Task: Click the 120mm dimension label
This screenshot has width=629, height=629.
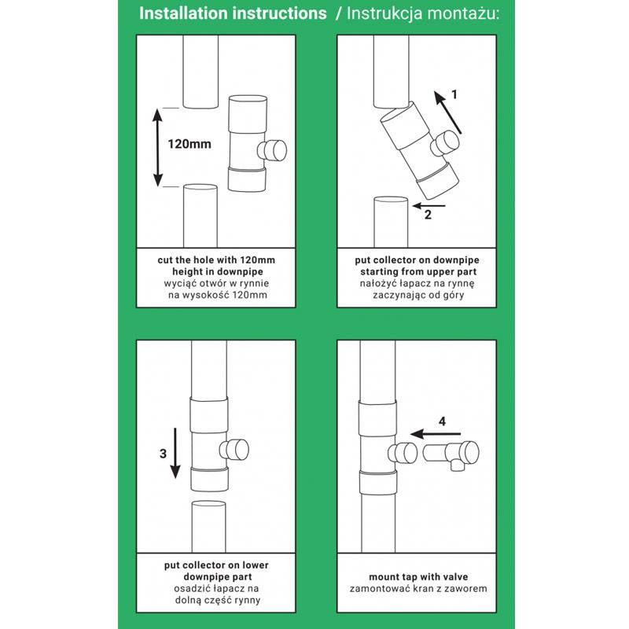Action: point(189,145)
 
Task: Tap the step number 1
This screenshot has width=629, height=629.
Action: point(454,94)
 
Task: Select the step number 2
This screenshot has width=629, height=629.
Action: point(428,214)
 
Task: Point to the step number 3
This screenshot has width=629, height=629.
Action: point(163,453)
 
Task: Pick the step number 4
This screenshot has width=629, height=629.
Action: point(442,421)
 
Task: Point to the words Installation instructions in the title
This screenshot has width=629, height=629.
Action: point(233,13)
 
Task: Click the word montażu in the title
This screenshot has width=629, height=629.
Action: point(465,13)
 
